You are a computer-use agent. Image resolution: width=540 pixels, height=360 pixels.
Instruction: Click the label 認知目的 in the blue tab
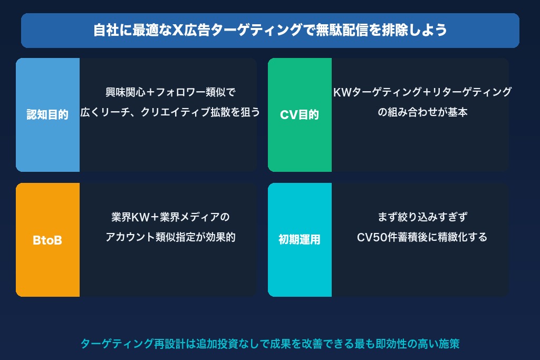[47, 115]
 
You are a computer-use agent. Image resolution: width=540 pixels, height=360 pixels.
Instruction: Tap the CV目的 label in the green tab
[300, 115]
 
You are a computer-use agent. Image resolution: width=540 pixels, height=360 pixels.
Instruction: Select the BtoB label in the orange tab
[47, 240]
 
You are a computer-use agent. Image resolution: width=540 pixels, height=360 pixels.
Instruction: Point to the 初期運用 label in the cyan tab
[300, 240]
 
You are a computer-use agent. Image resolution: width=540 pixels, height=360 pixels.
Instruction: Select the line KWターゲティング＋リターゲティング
[422, 92]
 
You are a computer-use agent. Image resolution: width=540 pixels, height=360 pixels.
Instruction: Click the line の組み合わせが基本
[422, 112]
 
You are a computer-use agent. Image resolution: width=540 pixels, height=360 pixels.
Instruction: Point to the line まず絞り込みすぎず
[422, 217]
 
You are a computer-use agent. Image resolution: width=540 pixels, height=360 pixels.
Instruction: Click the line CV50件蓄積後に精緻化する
[422, 237]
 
